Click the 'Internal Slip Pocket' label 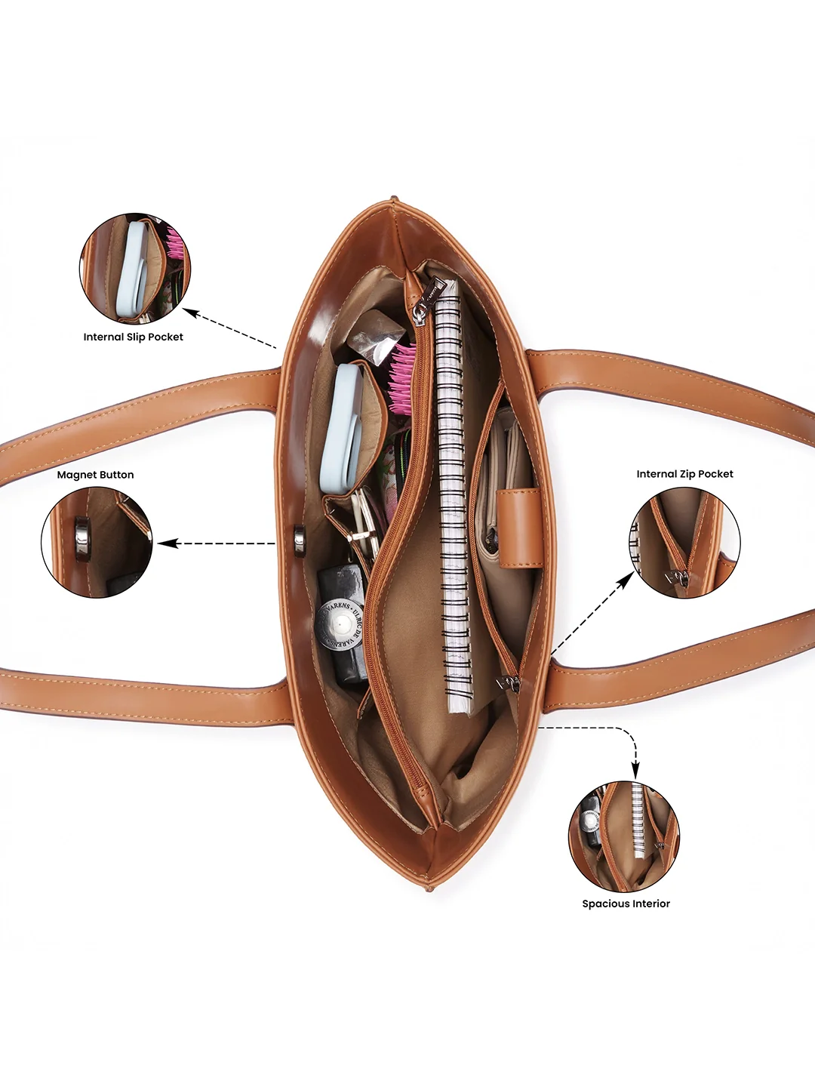(x=133, y=337)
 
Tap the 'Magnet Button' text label (x=96, y=475)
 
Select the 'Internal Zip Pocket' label (x=685, y=474)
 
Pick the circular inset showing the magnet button (x=97, y=542)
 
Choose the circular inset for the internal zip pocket (x=685, y=543)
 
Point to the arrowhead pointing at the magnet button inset (x=167, y=543)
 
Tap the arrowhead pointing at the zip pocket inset (x=626, y=580)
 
